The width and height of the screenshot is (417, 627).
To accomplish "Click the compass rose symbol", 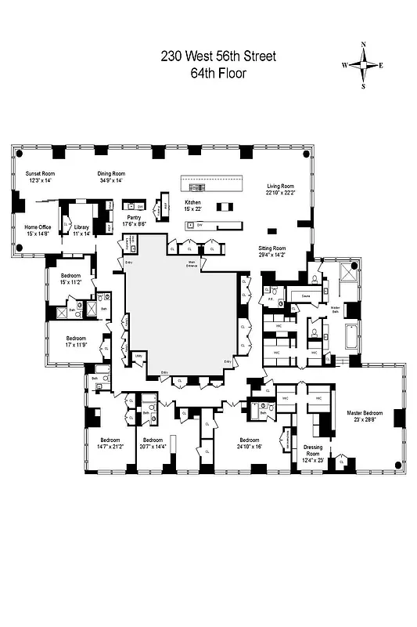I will click(x=363, y=66).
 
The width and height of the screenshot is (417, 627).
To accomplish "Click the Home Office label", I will click(x=37, y=230).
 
